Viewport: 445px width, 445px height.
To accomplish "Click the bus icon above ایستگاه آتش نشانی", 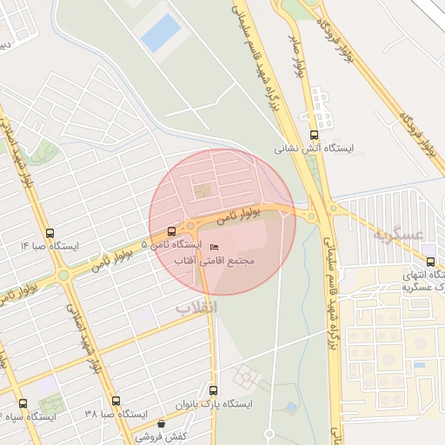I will pyautogui.click(x=314, y=135).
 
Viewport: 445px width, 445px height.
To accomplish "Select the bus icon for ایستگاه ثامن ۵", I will pyautogui.click(x=171, y=232).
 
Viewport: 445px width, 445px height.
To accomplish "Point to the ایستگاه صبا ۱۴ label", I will pyautogui.click(x=50, y=247).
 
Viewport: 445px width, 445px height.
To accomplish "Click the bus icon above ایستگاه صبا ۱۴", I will pyautogui.click(x=50, y=233).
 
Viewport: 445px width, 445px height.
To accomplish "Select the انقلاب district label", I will pyautogui.click(x=197, y=308).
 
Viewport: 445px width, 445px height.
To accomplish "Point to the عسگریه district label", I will pyautogui.click(x=397, y=235).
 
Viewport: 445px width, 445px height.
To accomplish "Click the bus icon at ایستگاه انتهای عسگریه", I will pyautogui.click(x=430, y=262).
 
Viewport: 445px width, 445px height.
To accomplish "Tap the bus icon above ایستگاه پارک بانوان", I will pyautogui.click(x=214, y=390).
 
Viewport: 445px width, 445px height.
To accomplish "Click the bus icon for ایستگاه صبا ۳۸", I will pyautogui.click(x=116, y=401).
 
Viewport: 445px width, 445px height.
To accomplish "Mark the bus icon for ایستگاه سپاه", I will pyautogui.click(x=23, y=403).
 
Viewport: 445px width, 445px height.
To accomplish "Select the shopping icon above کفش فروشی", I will pyautogui.click(x=161, y=423).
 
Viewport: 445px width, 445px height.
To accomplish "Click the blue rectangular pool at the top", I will pyautogui.click(x=161, y=33).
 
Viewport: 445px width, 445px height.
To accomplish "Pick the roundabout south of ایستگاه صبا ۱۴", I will pyautogui.click(x=63, y=276).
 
